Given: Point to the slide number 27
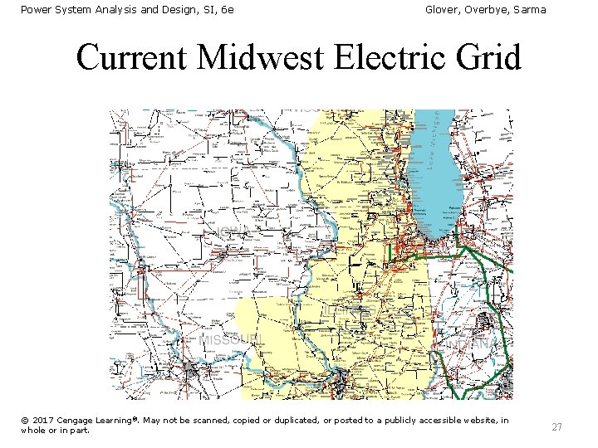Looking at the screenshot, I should [556, 426].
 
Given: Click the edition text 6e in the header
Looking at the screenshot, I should [226, 9].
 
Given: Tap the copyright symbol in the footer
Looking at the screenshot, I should [25, 421].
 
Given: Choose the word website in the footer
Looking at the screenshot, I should [476, 421].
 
